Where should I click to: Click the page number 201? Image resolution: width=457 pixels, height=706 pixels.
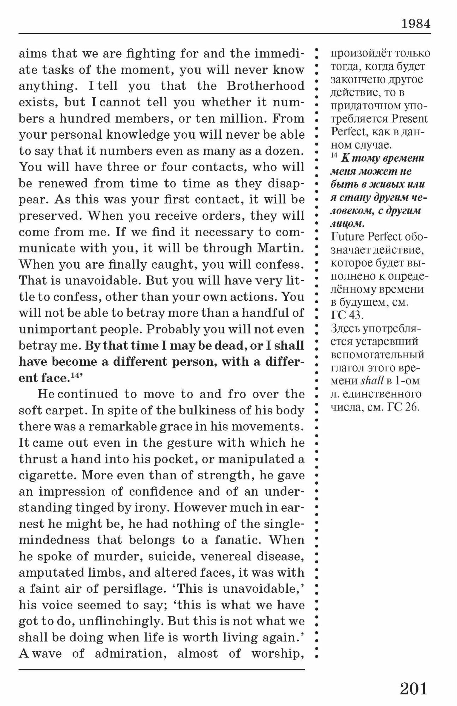(414, 689)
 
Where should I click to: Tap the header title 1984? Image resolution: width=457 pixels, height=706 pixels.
(416, 24)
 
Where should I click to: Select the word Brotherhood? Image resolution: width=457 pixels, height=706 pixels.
(265, 86)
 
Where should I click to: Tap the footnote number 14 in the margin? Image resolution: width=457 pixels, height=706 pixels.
(334, 156)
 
